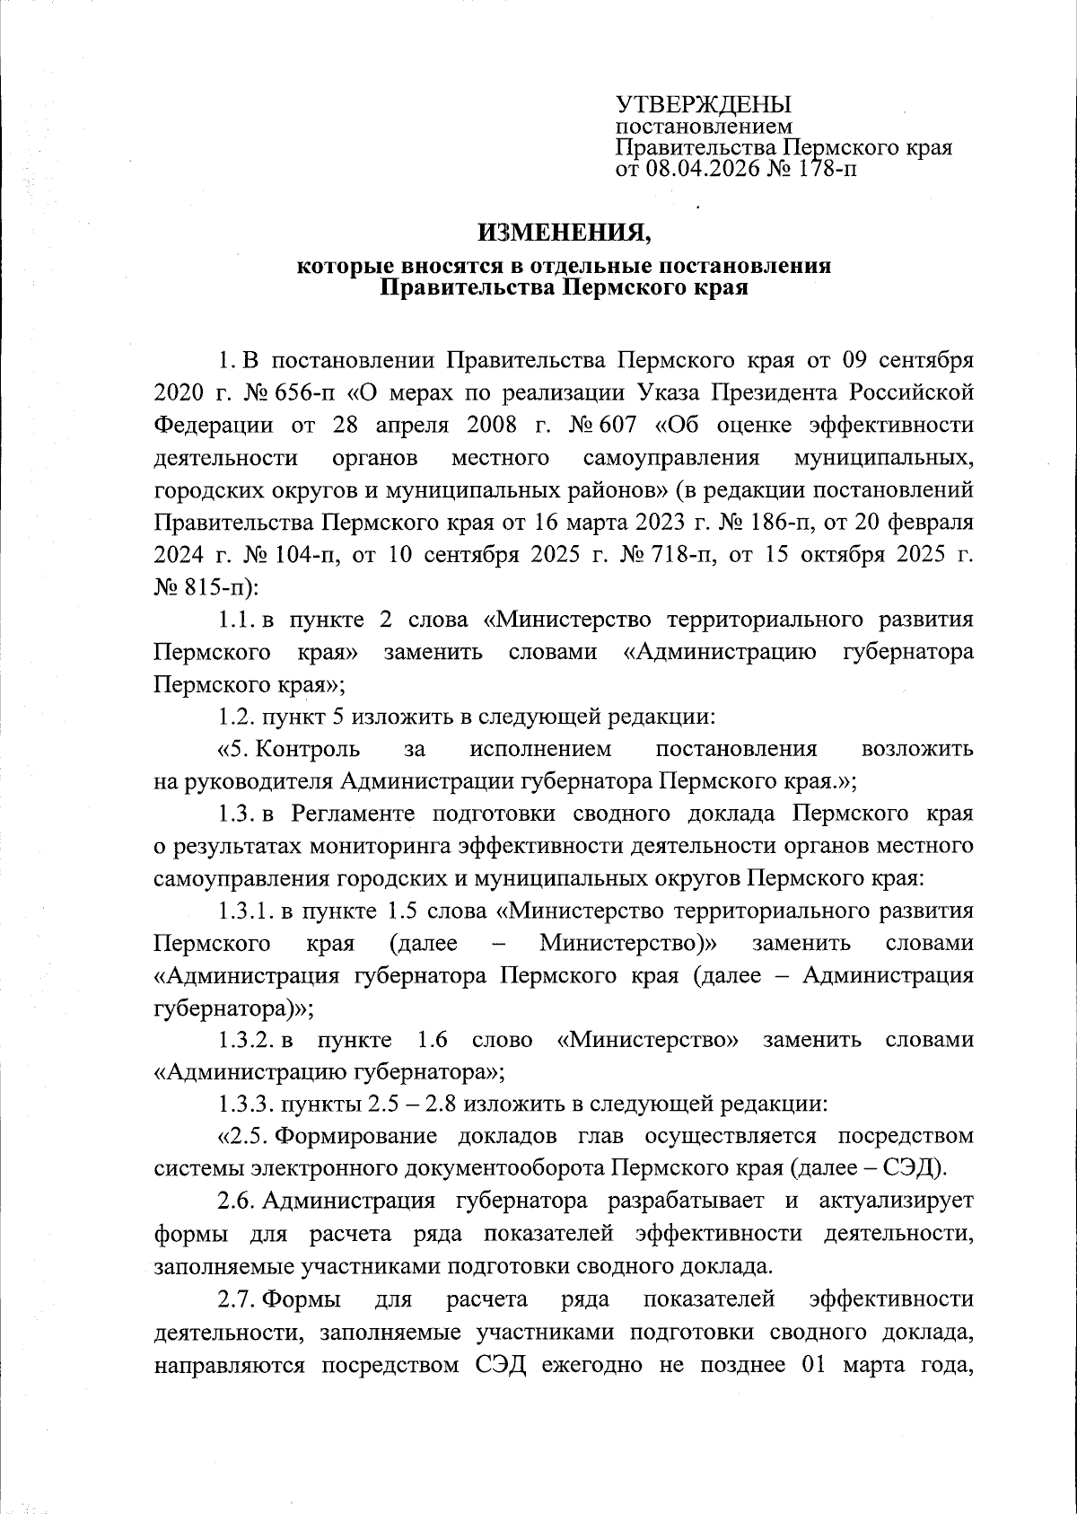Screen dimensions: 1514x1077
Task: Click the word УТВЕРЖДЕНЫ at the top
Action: tap(703, 104)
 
